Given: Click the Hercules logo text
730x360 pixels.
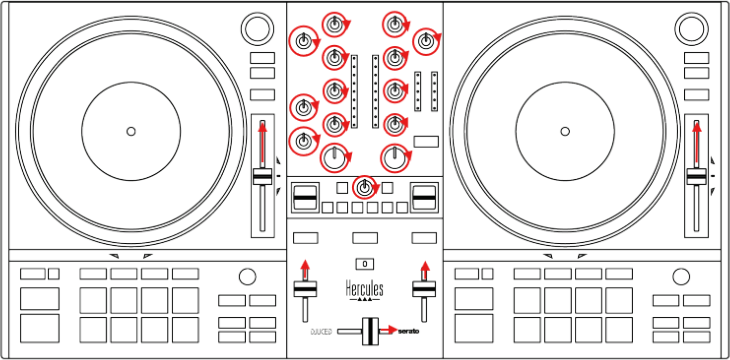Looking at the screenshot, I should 365,289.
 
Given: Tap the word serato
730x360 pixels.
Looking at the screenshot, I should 408,331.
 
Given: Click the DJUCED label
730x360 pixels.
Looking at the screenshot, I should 321,332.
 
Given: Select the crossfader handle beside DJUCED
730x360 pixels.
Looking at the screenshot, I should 370,331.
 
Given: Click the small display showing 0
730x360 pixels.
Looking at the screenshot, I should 365,263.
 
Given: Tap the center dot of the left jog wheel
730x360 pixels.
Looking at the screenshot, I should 131,132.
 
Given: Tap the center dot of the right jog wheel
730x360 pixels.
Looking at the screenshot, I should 565,132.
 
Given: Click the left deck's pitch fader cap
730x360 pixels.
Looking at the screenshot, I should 262,177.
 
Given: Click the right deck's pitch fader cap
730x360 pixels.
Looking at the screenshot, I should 696,177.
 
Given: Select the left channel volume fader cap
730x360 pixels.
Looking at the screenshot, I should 305,289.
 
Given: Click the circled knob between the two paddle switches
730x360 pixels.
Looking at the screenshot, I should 365,188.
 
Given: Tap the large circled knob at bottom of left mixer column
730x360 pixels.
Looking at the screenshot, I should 334,158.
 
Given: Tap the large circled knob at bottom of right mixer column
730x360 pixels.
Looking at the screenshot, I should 395,158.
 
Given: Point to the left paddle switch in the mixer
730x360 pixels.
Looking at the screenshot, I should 304,198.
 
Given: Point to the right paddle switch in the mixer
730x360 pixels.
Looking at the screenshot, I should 425,198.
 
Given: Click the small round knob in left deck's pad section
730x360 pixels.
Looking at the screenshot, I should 247,276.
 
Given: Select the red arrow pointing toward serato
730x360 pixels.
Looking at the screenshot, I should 388,329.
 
